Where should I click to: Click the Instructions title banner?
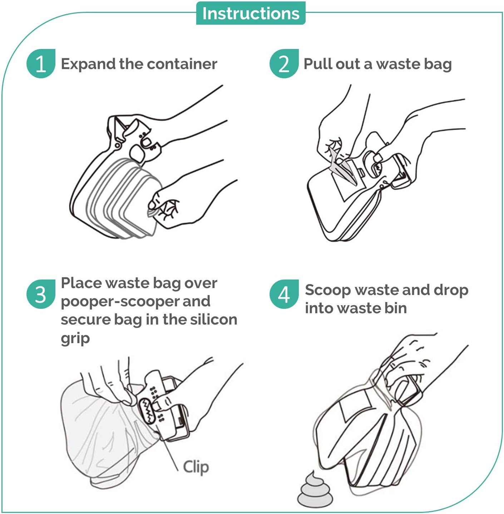coord(251,13)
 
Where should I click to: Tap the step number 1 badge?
coord(41,64)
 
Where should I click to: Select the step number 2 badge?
coord(284,64)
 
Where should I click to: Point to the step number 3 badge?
coord(41,294)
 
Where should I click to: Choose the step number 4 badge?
coord(284,294)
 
